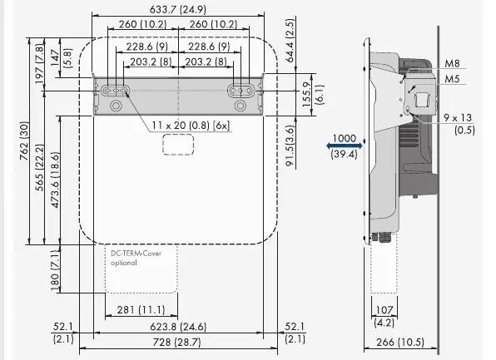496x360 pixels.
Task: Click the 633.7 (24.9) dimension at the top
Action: point(178,9)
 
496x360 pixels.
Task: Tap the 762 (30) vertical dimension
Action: point(25,141)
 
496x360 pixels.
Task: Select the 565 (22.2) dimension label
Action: point(40,167)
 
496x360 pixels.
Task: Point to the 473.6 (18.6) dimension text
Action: point(55,180)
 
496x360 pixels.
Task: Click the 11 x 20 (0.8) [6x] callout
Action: point(191,126)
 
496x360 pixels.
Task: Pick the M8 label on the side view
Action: point(452,63)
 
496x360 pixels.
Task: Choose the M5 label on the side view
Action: point(452,79)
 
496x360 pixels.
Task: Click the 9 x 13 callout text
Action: point(458,118)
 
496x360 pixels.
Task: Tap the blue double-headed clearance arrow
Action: point(345,145)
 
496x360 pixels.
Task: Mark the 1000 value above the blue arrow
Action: point(345,138)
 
